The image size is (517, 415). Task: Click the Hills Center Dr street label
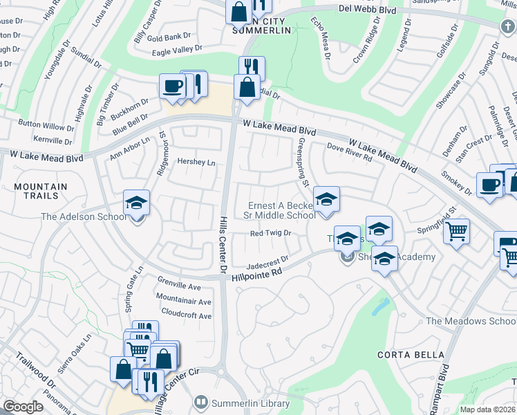[223, 243]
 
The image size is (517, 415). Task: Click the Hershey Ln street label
[197, 163]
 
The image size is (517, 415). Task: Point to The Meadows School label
[470, 322]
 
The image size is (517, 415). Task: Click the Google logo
[23, 407]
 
